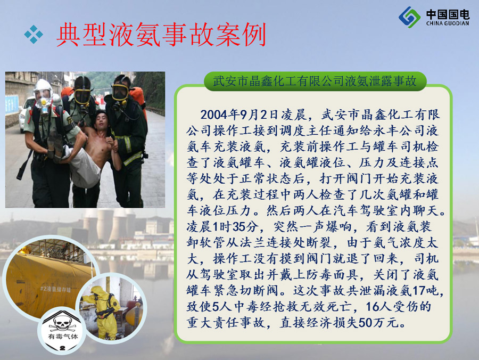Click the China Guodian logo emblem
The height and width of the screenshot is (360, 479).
coord(409,17)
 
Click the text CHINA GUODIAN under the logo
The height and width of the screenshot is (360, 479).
coord(448,23)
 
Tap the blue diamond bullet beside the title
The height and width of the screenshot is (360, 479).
coord(34,35)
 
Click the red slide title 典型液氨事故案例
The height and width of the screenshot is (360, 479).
coord(161,34)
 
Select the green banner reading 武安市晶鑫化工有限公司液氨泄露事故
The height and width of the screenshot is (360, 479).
coord(315,81)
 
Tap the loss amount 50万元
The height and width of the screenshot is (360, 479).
coord(379,323)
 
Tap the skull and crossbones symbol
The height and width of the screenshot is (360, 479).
coord(62,324)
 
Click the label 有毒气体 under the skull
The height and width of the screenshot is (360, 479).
coord(63,337)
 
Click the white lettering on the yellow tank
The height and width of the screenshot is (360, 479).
coord(55,289)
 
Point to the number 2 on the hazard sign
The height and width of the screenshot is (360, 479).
coord(63,348)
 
